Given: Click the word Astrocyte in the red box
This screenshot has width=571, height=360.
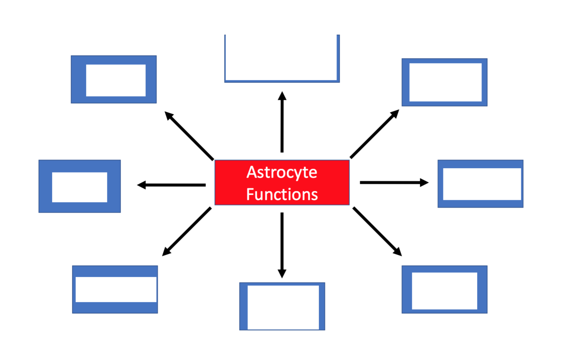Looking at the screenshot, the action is (x=282, y=173).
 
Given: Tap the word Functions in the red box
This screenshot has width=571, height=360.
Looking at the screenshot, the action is (x=282, y=194).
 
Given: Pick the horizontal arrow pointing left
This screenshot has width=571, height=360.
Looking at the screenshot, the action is (x=172, y=185).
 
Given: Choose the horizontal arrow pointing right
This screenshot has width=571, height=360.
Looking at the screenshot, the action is (x=394, y=182).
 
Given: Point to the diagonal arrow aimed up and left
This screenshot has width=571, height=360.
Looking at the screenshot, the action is (x=189, y=135).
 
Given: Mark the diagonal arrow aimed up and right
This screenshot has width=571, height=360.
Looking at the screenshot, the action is (x=375, y=134).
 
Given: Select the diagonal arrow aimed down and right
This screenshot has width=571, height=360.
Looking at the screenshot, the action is (x=377, y=232).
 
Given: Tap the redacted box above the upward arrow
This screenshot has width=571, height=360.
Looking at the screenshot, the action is (x=282, y=58).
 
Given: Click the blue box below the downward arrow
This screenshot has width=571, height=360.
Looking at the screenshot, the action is (x=282, y=306).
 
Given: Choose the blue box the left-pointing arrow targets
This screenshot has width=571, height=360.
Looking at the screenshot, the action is (x=80, y=186).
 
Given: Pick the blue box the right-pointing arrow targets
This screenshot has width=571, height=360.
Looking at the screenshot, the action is (x=480, y=184).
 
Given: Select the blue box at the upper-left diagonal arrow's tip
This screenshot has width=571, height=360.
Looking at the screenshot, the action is (x=113, y=79).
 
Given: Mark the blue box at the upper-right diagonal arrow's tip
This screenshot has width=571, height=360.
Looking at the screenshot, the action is (x=444, y=82).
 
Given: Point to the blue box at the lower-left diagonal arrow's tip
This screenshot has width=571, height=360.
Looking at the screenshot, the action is (x=115, y=289).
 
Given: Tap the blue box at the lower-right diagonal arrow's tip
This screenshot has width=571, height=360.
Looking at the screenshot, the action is (x=444, y=289).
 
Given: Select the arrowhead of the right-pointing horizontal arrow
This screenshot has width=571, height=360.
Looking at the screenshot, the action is (x=424, y=182).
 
